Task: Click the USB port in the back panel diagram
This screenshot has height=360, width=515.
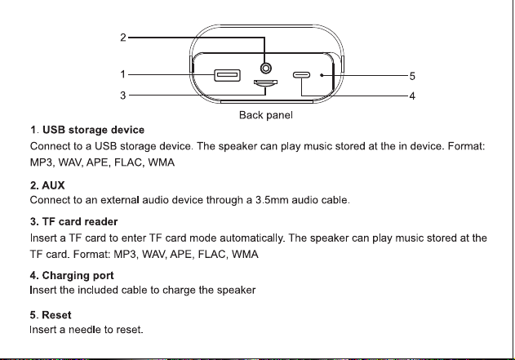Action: coord(227,75)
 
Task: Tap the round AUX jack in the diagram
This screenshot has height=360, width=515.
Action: coord(266,69)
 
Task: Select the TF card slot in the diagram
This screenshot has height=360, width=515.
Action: coord(265,83)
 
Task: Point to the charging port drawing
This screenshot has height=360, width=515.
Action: coord(301,75)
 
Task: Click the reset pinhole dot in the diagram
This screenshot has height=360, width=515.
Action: coord(322,75)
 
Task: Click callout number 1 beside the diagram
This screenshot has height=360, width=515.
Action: coord(123,74)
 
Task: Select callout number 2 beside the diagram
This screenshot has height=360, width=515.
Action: coord(123,38)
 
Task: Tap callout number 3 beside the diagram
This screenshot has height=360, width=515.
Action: coord(123,96)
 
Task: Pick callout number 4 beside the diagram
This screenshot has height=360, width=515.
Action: coord(412,96)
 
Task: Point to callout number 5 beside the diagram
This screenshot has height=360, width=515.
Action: coord(412,76)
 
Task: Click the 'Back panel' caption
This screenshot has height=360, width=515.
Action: coord(266,115)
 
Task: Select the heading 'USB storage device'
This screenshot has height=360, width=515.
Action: coord(93,130)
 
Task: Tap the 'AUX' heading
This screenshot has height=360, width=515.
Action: coord(53,185)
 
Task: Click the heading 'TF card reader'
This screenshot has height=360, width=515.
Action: coord(80,222)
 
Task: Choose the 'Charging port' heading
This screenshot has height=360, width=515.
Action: coord(78,276)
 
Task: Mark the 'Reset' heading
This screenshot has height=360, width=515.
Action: coord(56,315)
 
